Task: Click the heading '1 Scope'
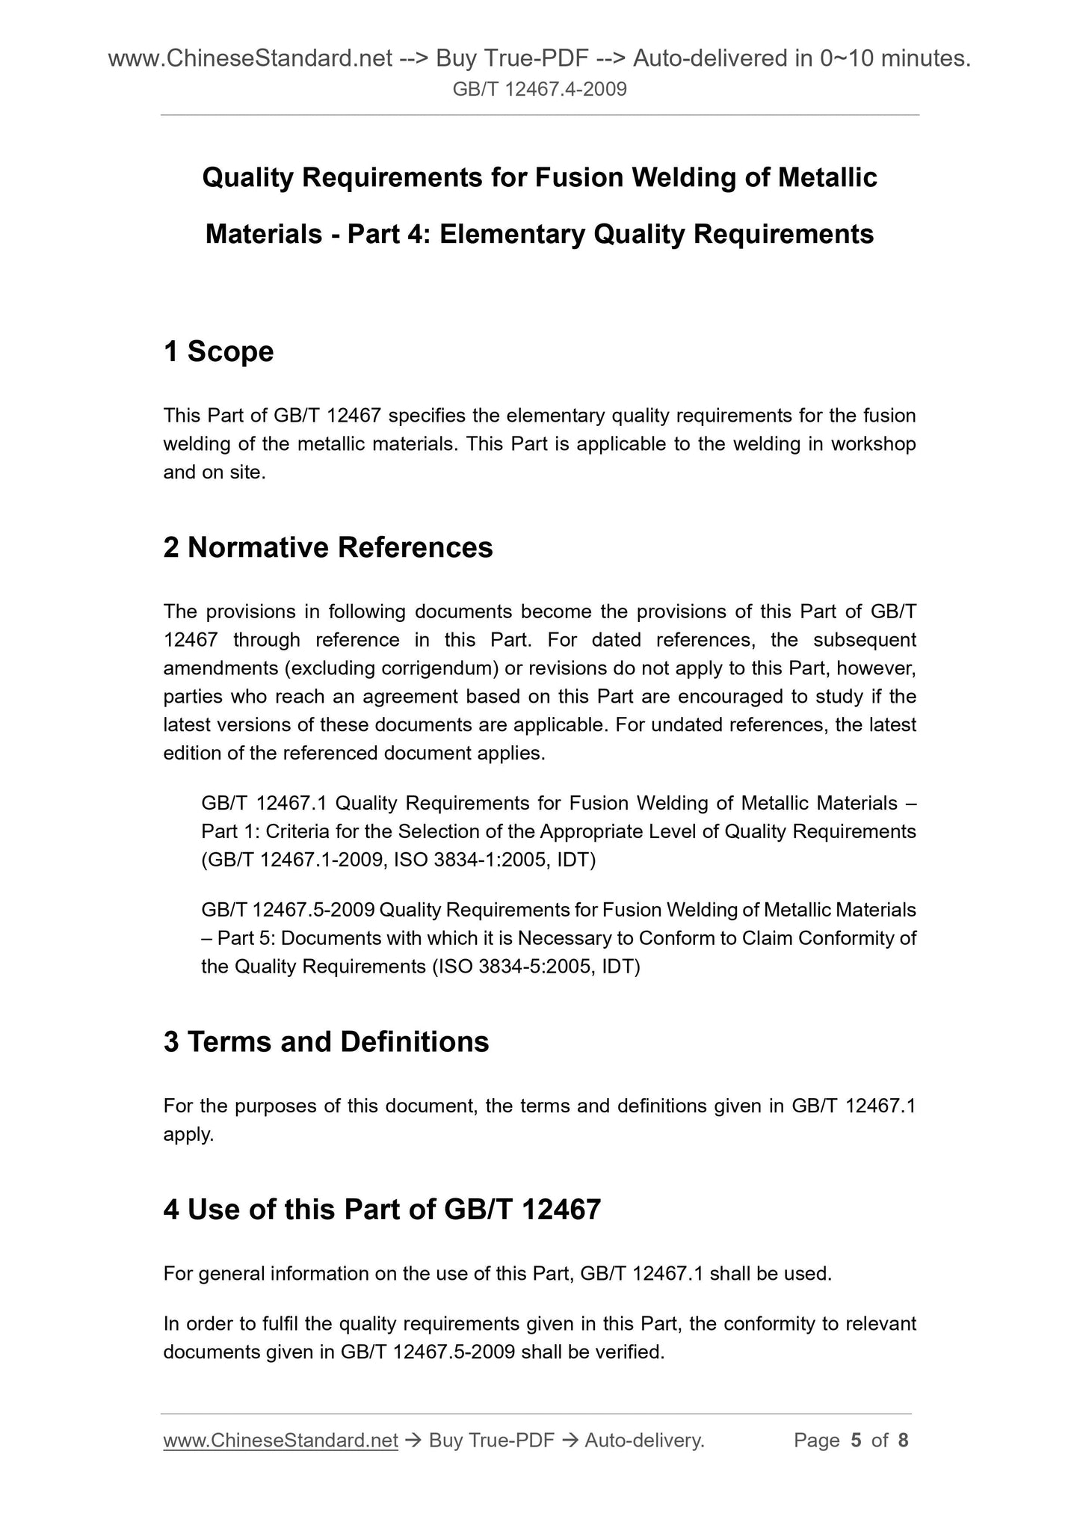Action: [218, 351]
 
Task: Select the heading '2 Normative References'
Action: [328, 547]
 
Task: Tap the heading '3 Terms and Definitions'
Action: [326, 1041]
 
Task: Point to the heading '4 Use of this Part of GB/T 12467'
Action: [382, 1209]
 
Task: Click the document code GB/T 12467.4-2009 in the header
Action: [540, 90]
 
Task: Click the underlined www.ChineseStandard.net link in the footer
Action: [280, 1440]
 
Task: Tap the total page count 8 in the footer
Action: [903, 1440]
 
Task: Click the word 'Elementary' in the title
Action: [512, 235]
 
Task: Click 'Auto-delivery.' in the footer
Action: [645, 1440]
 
